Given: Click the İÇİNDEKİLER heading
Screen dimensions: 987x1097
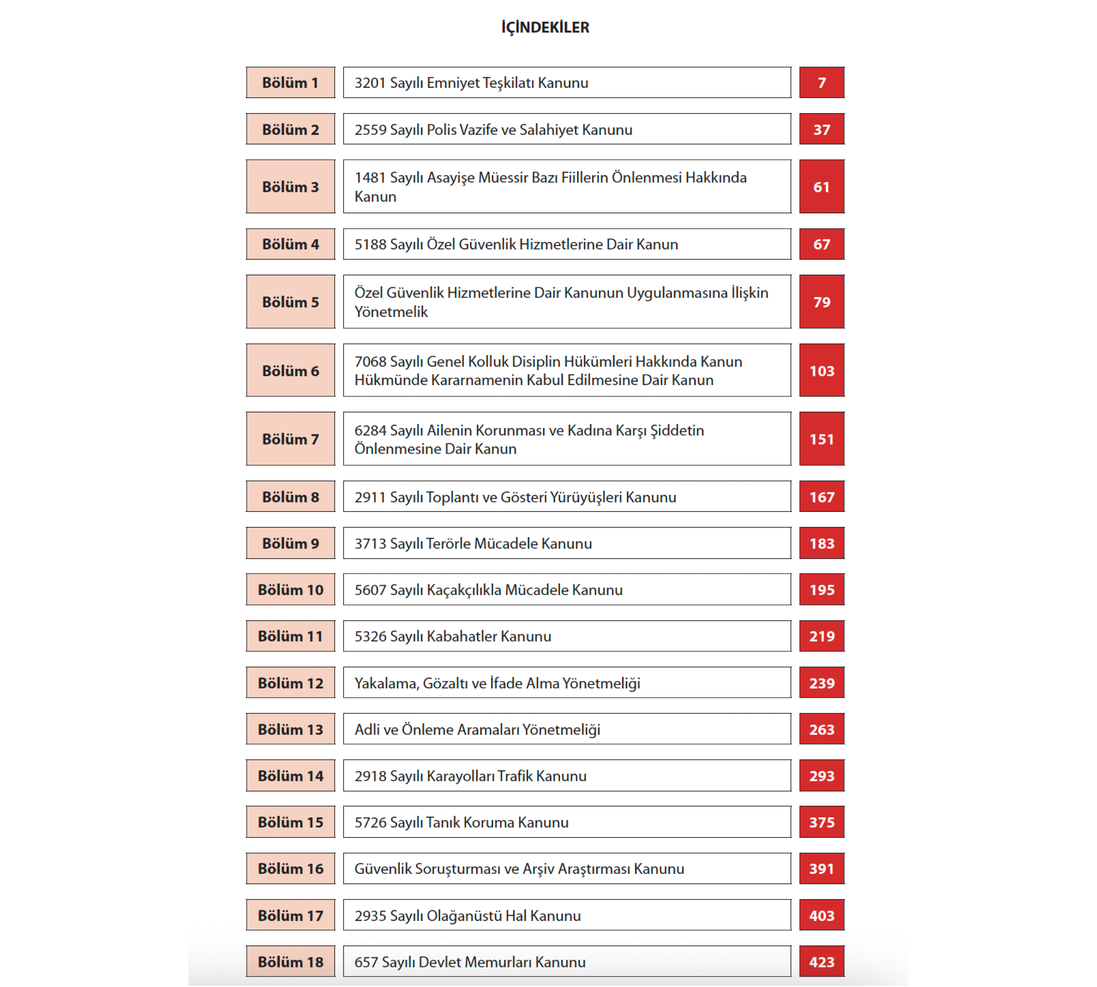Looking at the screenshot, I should pos(545,27).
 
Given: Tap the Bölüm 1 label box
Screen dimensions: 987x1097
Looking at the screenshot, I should pos(290,82).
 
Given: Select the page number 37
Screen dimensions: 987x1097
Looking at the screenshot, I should pos(821,130).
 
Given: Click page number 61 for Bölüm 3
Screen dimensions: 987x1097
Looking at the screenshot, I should pos(821,186).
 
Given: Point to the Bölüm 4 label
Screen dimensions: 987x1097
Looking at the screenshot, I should pos(290,244).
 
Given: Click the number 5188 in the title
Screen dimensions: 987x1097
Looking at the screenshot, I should pos(370,244).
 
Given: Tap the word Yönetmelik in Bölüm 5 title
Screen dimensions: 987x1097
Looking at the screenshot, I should pos(391,312).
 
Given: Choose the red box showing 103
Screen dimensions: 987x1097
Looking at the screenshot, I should pos(821,371).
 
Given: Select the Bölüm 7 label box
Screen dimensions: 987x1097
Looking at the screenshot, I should pos(290,439).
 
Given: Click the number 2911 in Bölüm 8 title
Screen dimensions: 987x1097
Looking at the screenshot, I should pos(370,497).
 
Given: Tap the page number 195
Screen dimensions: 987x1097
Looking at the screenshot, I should pos(821,590).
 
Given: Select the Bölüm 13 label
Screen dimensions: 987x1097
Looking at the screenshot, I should pos(290,730).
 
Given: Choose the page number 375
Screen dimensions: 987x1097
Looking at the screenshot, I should pos(821,822).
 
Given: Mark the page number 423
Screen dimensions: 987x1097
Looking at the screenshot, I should pos(821,962).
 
